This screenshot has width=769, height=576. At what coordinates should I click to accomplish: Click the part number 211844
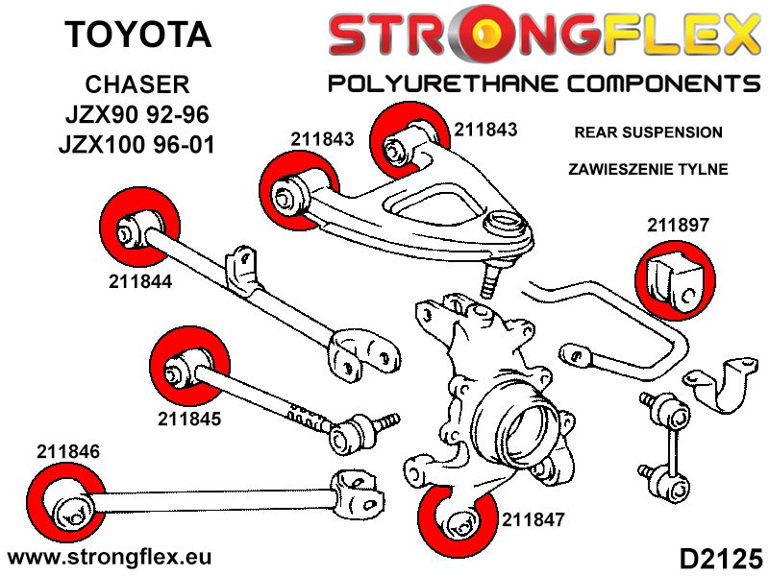coord(142,282)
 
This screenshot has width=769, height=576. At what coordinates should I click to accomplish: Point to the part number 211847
coord(533,521)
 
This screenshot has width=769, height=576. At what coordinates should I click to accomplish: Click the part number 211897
coord(678,227)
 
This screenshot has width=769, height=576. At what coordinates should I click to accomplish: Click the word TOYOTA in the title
coord(137,36)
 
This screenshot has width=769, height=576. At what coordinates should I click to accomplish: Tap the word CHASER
coord(137,84)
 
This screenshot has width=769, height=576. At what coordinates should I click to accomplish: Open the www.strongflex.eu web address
coord(109,557)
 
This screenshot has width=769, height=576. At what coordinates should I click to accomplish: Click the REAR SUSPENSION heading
coord(647,132)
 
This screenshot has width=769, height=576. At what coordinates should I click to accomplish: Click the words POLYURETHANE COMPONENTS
coord(543,83)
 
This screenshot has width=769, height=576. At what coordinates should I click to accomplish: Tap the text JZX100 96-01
coord(137,147)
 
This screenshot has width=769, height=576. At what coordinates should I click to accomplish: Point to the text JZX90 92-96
coord(137,115)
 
